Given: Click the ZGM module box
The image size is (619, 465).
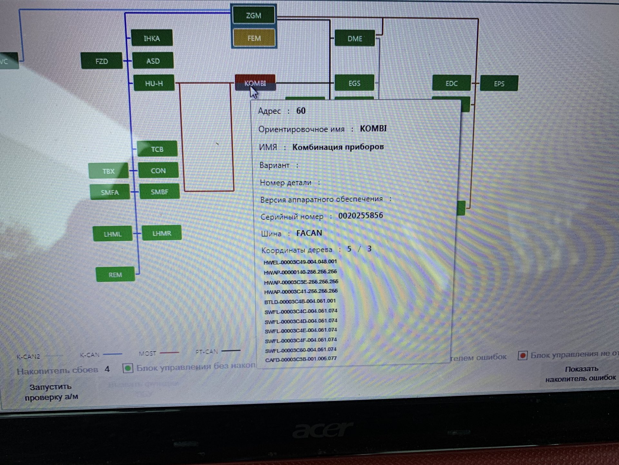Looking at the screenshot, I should point(254,15).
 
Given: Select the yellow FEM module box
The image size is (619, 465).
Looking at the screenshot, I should point(254,38).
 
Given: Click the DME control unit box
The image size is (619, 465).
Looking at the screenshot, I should point(355,39).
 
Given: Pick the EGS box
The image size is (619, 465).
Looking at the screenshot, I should point(354,83).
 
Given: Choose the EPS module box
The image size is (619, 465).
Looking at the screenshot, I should point(499,84).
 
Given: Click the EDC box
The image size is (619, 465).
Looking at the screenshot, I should point(451,83).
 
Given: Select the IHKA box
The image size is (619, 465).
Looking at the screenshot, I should point(152,38).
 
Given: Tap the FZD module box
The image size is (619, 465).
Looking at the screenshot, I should point(102,61).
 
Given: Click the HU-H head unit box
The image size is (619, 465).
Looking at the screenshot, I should point(154,83).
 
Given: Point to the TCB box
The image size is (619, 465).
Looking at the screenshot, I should point(157,149).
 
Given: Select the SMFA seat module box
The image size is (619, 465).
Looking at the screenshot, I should point(110,192).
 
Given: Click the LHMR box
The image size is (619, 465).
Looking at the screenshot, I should point(162,233).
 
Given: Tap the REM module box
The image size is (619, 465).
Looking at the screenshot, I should point(115,275).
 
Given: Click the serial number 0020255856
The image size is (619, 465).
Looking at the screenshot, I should point(360,215).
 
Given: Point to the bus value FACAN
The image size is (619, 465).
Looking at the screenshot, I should point(309,233).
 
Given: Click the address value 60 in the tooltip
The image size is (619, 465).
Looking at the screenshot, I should point(301,111).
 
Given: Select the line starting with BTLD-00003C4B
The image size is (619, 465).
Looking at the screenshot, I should point(300,301).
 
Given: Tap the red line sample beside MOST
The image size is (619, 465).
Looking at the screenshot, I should point(169,353).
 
